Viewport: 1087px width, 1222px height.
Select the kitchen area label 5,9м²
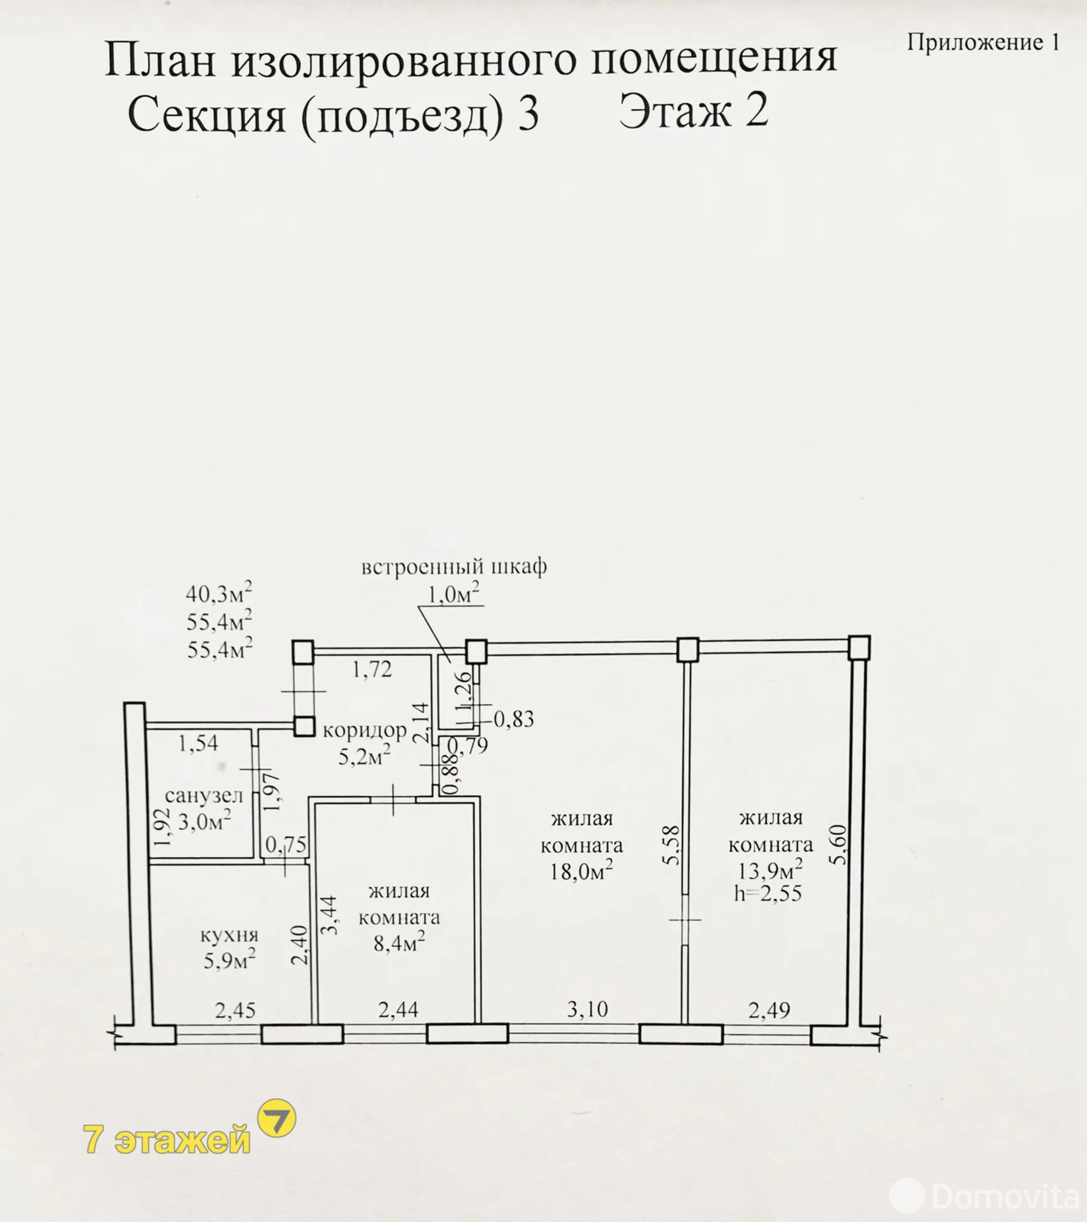click(x=229, y=959)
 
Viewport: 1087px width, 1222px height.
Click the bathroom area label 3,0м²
click(x=205, y=821)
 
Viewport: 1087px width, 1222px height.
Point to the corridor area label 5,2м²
click(x=364, y=755)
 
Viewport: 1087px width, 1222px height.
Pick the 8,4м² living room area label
click(x=399, y=942)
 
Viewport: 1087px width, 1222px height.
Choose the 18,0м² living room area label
click(x=581, y=870)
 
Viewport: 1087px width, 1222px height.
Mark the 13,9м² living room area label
click(x=770, y=869)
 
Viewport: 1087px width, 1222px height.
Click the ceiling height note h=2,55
click(x=768, y=893)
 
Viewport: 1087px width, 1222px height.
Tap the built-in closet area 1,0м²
click(x=454, y=593)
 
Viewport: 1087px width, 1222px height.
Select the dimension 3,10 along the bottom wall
click(x=587, y=1009)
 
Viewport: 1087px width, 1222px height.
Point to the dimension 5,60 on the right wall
click(x=839, y=844)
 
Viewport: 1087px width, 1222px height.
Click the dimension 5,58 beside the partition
click(x=671, y=845)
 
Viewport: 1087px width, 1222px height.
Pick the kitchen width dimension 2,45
click(x=235, y=1010)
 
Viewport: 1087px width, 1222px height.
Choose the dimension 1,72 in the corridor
click(x=372, y=670)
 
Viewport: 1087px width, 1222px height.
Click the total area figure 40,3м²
click(x=219, y=593)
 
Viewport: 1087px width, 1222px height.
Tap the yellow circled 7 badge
click(x=277, y=1119)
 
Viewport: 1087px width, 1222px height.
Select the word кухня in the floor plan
click(x=229, y=935)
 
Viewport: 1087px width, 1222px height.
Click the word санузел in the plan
click(x=204, y=796)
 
